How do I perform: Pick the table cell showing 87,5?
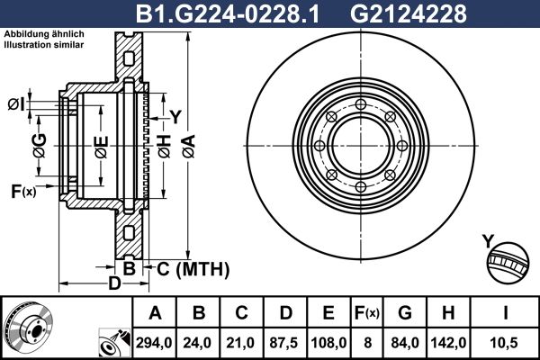click(x=287, y=343)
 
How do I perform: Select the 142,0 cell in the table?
click(x=448, y=343)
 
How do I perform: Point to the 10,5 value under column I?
click(x=504, y=343)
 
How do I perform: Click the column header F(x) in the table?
click(x=367, y=313)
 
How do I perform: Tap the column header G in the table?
click(x=405, y=313)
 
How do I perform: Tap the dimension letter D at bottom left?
click(x=114, y=285)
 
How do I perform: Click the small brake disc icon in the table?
click(x=30, y=328)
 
